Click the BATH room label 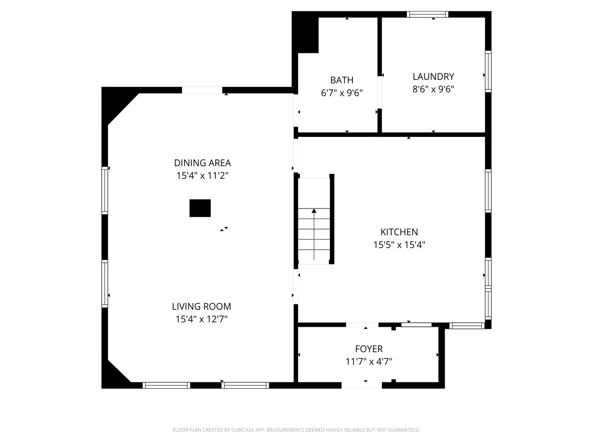pos(342,80)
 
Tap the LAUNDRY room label pos(433,77)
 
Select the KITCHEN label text pos(399,232)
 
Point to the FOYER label pos(369,349)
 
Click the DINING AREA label pos(202,163)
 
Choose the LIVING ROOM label pos(201,307)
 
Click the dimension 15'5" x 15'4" pos(399,245)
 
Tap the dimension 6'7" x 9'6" pos(342,93)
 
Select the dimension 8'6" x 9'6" pos(433,89)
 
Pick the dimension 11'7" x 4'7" pos(369,362)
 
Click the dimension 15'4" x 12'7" pos(201,319)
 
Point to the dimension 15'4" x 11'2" pos(202,176)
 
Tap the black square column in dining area pos(200,208)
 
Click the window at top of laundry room pos(427,14)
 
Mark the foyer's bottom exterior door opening pos(362,385)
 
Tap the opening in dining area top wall pos(202,90)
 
